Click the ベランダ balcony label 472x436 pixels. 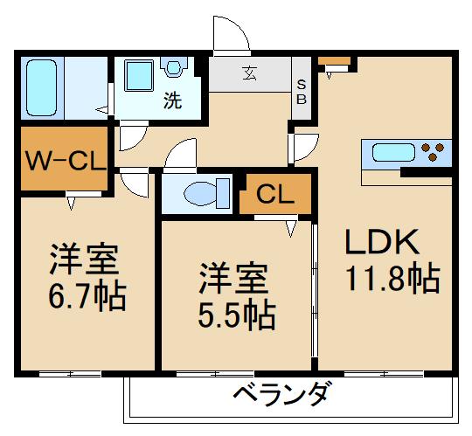281,394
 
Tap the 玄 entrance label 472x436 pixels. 249,73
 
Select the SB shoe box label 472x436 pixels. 302,92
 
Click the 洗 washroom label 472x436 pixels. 173,100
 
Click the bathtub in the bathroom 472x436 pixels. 40,87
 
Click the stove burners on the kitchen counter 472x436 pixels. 433,153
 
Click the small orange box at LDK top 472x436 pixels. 334,61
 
